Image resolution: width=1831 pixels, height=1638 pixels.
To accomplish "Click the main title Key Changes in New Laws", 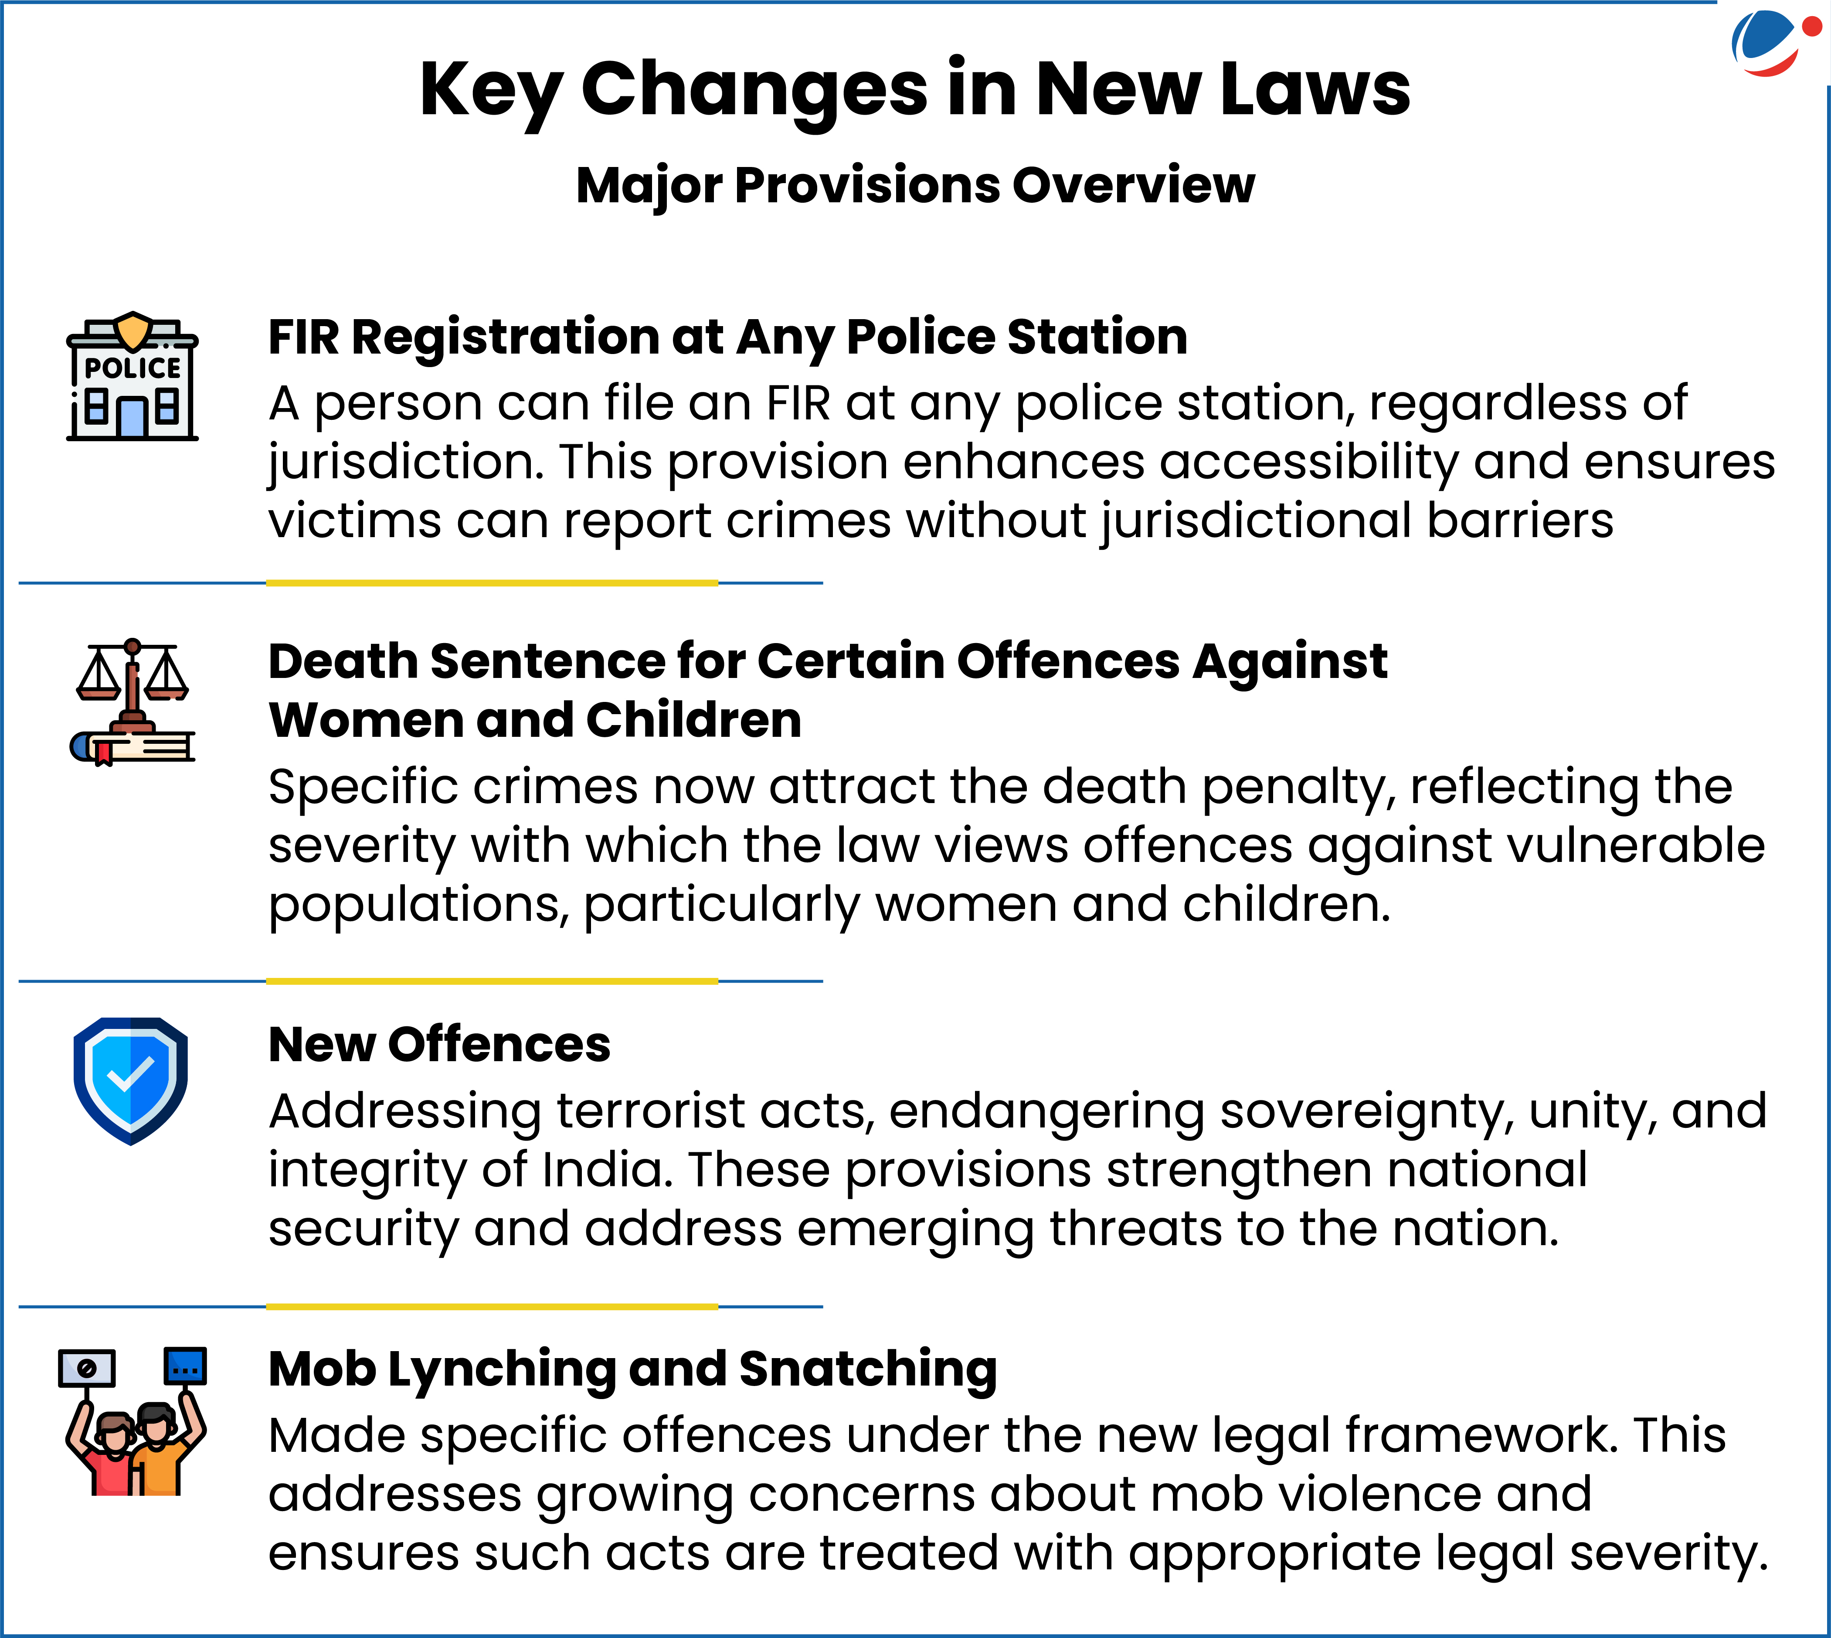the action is click(x=914, y=90).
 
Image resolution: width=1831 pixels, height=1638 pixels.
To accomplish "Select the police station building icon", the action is click(x=132, y=376).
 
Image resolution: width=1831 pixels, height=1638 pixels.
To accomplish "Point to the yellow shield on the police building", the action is click(x=133, y=330).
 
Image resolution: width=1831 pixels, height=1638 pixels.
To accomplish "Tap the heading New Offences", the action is click(x=439, y=1045).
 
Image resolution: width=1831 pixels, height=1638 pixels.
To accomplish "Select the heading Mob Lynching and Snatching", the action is click(x=632, y=1370).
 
